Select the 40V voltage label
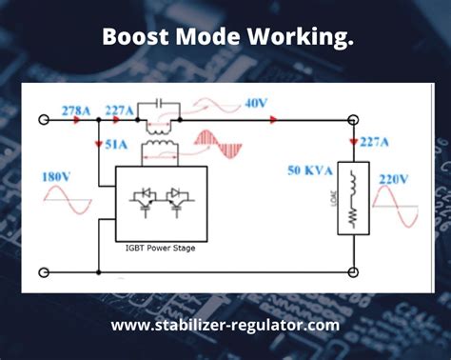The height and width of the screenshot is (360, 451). pos(255,104)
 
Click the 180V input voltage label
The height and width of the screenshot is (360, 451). pos(56,176)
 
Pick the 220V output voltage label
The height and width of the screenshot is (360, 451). pos(393,178)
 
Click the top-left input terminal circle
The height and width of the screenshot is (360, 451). pos(44,122)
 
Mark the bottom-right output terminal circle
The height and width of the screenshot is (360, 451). pos(353,272)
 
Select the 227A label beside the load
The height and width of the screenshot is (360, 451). pos(374,143)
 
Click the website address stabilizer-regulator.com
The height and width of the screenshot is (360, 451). pos(225,325)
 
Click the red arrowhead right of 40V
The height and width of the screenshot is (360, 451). pos(273,121)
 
